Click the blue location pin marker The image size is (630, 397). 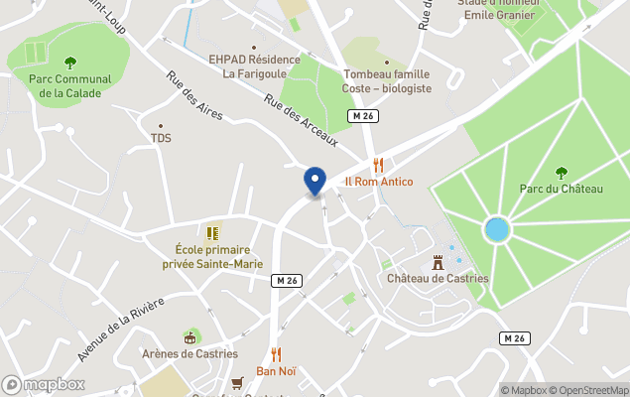click(315, 182)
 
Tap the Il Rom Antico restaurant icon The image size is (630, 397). click(378, 165)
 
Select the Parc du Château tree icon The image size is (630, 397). click(562, 172)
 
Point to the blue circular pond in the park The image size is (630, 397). click(496, 231)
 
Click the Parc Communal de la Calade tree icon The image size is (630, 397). click(69, 63)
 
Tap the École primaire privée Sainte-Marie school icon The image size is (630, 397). click(212, 233)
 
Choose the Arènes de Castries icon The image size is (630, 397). click(189, 337)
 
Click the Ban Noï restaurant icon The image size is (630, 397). click(277, 354)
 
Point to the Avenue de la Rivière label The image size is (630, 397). click(120, 343)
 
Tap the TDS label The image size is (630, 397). click(161, 138)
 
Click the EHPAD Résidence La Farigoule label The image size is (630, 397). click(254, 66)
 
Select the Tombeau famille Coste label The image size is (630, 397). click(387, 80)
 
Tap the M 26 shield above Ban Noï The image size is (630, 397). click(286, 281)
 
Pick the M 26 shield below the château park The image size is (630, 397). click(513, 338)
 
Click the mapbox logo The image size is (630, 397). click(44, 384)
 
